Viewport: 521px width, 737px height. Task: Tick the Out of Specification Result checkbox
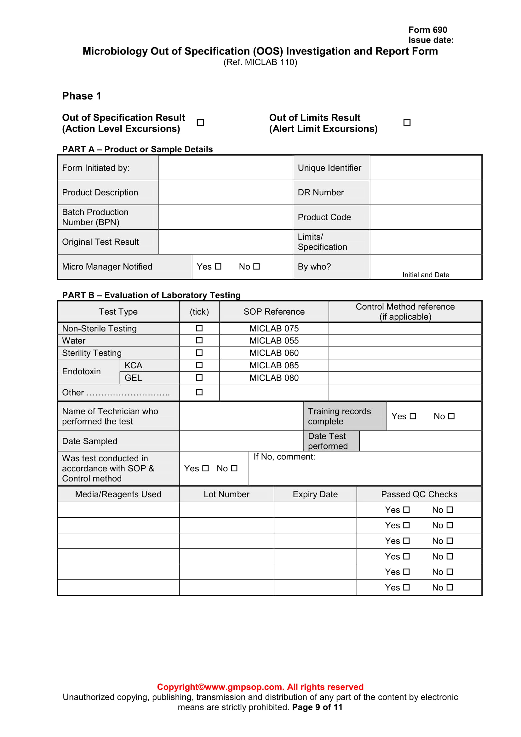[x=200, y=123]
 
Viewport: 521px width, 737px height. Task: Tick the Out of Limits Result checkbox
[x=407, y=123]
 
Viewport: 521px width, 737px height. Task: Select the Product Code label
[x=324, y=217]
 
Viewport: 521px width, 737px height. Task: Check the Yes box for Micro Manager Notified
[x=218, y=267]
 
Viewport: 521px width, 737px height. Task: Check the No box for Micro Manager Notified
[x=256, y=267]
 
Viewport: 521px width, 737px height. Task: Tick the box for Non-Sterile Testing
[x=199, y=328]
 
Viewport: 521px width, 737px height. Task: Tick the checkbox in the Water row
[x=199, y=340]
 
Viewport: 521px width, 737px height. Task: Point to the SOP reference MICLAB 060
[x=274, y=353]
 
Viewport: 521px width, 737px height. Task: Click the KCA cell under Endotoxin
[x=134, y=365]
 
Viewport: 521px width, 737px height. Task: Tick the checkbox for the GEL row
[x=199, y=377]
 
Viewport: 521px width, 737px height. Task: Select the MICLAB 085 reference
[x=274, y=365]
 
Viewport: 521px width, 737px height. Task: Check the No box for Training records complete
[x=451, y=416]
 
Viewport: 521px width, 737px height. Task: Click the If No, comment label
[x=284, y=457]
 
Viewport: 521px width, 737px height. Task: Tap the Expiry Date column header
[x=315, y=494]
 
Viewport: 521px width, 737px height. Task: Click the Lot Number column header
[x=226, y=494]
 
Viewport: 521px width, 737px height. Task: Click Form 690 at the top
[x=427, y=30]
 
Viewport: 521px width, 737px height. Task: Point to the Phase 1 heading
[x=82, y=96]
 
